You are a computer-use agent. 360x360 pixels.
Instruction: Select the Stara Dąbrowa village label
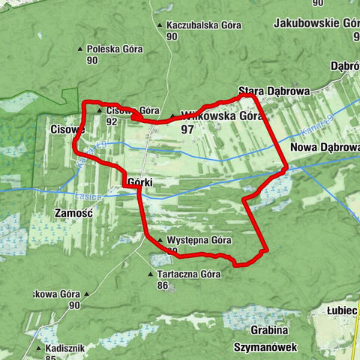click(x=274, y=91)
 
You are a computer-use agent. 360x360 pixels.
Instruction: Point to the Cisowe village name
click(x=67, y=129)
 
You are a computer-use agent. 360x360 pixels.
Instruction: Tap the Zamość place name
click(x=73, y=213)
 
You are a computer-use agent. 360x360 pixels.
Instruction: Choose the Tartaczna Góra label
click(x=188, y=274)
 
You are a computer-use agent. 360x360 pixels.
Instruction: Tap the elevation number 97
click(x=187, y=129)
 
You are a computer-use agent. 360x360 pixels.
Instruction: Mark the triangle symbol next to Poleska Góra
click(x=81, y=50)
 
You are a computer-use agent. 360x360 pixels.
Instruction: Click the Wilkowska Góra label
click(x=220, y=116)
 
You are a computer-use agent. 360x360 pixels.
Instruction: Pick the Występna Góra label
click(x=193, y=240)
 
